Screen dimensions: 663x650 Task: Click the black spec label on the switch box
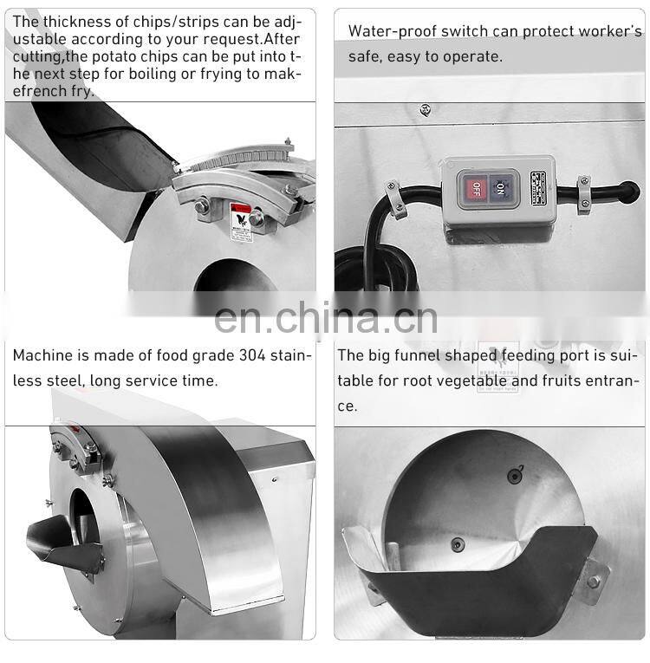click(x=540, y=188)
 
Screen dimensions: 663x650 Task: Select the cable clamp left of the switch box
click(x=396, y=198)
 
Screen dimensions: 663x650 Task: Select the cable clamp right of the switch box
click(x=584, y=194)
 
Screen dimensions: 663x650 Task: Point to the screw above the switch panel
click(x=425, y=109)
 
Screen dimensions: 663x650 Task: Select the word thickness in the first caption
click(x=76, y=21)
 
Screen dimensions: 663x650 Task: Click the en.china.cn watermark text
click(x=325, y=318)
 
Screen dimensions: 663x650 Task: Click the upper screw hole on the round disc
click(x=516, y=474)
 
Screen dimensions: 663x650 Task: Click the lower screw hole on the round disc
click(x=458, y=544)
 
